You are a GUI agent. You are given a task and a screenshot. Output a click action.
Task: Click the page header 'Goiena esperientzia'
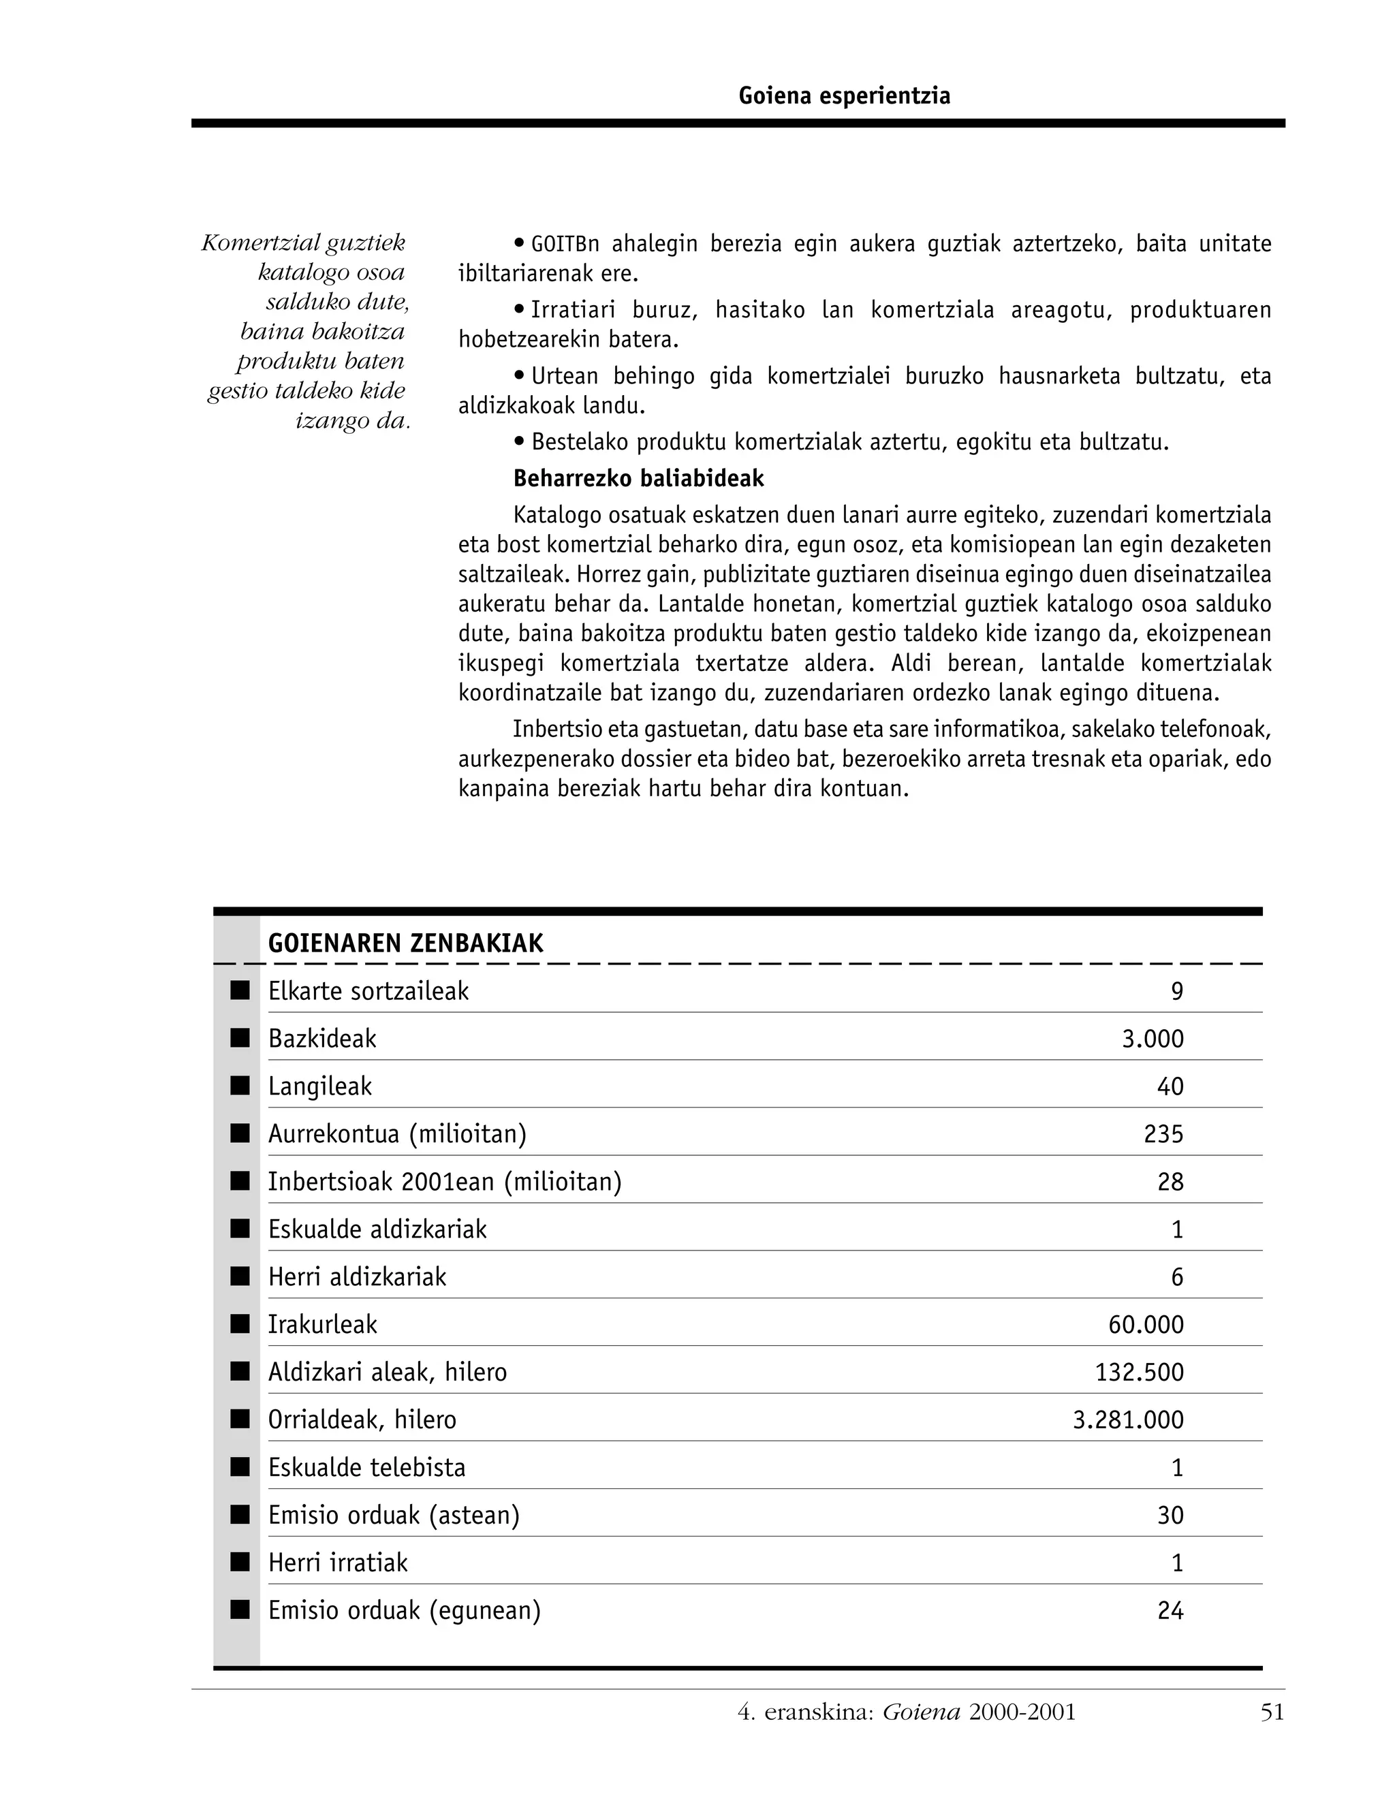pos(844,97)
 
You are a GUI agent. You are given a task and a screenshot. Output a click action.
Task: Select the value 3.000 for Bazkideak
pos(1152,1039)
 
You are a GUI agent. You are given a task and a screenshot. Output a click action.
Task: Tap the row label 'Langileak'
pos(320,1086)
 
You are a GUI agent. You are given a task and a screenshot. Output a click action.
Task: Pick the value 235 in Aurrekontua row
pos(1163,1134)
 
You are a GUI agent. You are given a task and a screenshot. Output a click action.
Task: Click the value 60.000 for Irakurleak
pos(1146,1325)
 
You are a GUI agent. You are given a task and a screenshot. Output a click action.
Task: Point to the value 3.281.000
pos(1128,1420)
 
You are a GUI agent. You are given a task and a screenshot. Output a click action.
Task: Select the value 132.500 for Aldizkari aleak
pos(1139,1372)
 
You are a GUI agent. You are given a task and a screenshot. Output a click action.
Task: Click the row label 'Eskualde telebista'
pos(367,1468)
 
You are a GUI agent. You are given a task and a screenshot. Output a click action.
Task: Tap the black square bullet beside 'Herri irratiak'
pos(240,1562)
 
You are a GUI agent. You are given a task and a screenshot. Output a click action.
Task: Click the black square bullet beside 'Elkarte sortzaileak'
pos(240,991)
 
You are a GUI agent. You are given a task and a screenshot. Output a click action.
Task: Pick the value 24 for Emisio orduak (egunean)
pos(1170,1611)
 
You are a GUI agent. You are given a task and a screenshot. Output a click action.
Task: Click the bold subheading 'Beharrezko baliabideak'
pos(638,479)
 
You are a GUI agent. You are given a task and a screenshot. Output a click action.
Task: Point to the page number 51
pos(1272,1712)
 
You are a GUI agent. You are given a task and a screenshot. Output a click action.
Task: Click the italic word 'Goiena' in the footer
pos(921,1712)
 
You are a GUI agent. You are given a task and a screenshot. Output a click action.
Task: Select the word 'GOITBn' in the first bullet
pos(565,245)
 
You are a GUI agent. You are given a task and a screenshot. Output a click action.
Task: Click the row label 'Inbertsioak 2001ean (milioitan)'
pos(445,1182)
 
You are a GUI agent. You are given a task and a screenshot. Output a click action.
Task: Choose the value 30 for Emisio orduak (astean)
pos(1170,1516)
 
